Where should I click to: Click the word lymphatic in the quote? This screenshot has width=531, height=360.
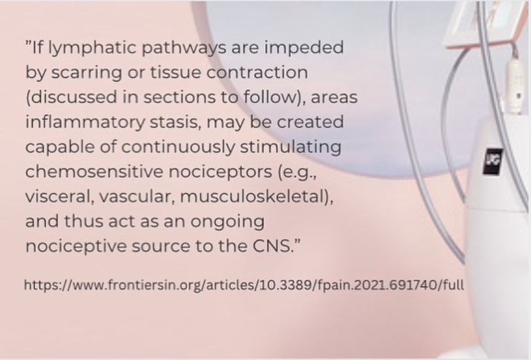(x=92, y=48)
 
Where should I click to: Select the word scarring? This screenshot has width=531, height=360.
(x=87, y=73)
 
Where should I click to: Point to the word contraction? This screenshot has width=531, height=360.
(x=257, y=72)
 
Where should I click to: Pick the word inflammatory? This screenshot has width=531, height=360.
(x=85, y=122)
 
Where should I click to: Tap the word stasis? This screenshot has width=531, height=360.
(x=176, y=122)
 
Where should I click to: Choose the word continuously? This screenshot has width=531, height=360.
(x=178, y=147)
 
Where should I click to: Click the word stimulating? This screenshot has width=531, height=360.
(x=290, y=147)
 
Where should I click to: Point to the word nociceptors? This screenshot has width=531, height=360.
(x=220, y=172)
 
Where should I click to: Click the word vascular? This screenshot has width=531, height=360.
(x=137, y=197)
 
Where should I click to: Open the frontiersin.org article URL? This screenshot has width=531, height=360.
(x=244, y=285)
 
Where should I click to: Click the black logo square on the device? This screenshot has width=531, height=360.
(x=493, y=161)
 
